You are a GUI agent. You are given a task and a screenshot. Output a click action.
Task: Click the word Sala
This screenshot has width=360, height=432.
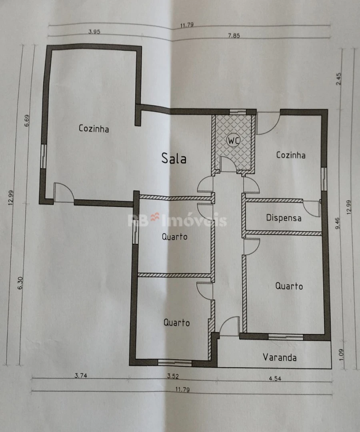[x=174, y=158]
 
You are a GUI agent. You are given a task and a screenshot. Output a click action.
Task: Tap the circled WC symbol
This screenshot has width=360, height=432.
[x=233, y=141]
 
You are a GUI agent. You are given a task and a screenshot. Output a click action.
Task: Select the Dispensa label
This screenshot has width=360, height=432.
[x=284, y=218]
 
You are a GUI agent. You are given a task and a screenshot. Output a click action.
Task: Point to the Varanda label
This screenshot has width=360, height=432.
[x=280, y=358]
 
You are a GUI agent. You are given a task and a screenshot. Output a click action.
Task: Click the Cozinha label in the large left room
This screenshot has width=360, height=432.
[x=94, y=129]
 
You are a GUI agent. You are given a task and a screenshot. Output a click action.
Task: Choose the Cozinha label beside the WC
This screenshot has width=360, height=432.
[x=291, y=155]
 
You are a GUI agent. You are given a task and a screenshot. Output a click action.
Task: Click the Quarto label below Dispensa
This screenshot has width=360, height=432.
[x=289, y=286]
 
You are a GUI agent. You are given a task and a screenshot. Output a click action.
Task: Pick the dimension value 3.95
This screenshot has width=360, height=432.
[x=94, y=32]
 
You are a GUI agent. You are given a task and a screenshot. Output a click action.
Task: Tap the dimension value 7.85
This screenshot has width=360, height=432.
[x=234, y=36]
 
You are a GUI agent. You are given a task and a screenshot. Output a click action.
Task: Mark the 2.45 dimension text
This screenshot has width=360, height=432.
[x=339, y=79]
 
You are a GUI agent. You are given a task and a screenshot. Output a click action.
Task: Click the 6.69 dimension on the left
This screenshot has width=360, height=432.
[x=27, y=121]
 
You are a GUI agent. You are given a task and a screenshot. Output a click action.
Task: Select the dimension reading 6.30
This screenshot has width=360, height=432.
[x=20, y=283]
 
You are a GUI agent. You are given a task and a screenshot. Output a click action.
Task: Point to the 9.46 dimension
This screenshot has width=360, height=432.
[x=338, y=223]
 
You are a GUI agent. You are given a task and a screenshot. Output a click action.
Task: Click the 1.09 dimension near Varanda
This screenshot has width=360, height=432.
[x=341, y=355]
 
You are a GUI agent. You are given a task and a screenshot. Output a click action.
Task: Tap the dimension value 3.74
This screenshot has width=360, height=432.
[x=81, y=376]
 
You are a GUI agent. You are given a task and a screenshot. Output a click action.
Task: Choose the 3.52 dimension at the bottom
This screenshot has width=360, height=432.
[x=173, y=376]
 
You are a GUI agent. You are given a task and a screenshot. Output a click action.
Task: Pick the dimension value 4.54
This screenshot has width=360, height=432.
[x=275, y=379]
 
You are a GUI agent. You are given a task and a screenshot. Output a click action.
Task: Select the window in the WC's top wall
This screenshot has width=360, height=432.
[x=238, y=112]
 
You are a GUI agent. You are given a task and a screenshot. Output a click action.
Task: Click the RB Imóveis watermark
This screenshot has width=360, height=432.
[x=177, y=220]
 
